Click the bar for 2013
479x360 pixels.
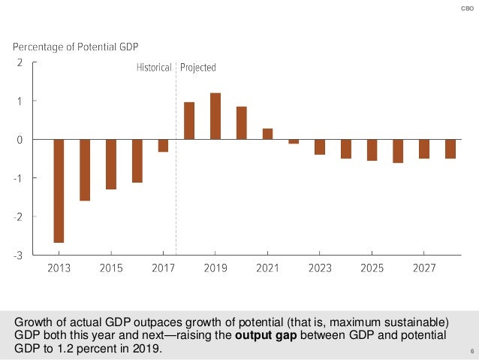59,191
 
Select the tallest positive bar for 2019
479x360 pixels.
215,116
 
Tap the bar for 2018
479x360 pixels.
189,121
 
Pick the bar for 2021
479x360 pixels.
267,134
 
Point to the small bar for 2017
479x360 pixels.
163,146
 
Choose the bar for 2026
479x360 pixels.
398,151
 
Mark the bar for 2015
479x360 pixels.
111,165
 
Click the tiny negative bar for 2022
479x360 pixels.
294,141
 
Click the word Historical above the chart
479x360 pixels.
154,68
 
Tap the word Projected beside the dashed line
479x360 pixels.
198,68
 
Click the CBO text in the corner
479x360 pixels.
465,9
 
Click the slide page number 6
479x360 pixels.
471,350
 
